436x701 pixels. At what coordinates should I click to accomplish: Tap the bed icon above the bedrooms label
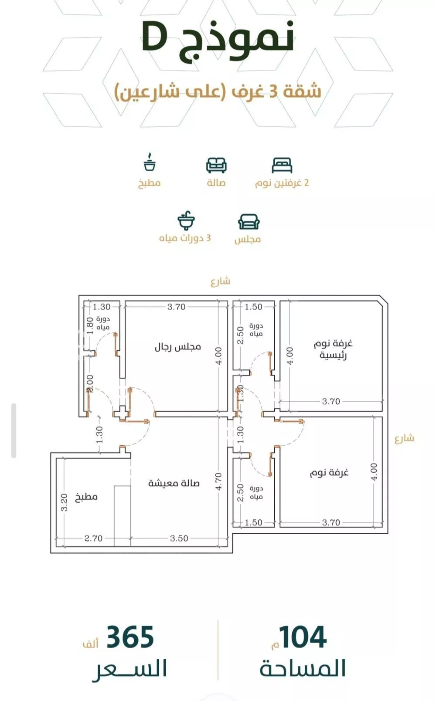click(x=282, y=165)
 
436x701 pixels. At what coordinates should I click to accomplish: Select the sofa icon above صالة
click(x=216, y=165)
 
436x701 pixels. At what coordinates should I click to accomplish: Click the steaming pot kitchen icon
click(x=150, y=162)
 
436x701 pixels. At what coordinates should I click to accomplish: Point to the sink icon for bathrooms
click(x=186, y=220)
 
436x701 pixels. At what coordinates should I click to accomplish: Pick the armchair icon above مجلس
click(x=249, y=222)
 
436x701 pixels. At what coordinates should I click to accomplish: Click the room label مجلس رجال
click(x=177, y=347)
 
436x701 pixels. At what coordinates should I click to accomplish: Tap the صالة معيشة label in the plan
click(x=174, y=483)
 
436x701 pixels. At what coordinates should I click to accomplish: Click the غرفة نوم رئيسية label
click(x=333, y=349)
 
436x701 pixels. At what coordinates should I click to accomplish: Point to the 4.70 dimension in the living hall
click(x=218, y=481)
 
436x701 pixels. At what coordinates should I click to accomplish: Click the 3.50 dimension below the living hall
click(x=179, y=538)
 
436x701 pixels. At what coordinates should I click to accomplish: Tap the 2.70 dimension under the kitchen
click(x=93, y=538)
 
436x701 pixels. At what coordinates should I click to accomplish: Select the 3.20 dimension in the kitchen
click(x=64, y=502)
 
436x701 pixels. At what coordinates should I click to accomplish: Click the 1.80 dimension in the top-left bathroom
click(x=90, y=325)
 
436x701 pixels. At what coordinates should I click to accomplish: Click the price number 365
click(x=130, y=637)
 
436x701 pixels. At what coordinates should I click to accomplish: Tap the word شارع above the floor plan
click(x=221, y=281)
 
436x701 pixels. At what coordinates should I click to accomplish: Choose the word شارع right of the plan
click(x=404, y=438)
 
